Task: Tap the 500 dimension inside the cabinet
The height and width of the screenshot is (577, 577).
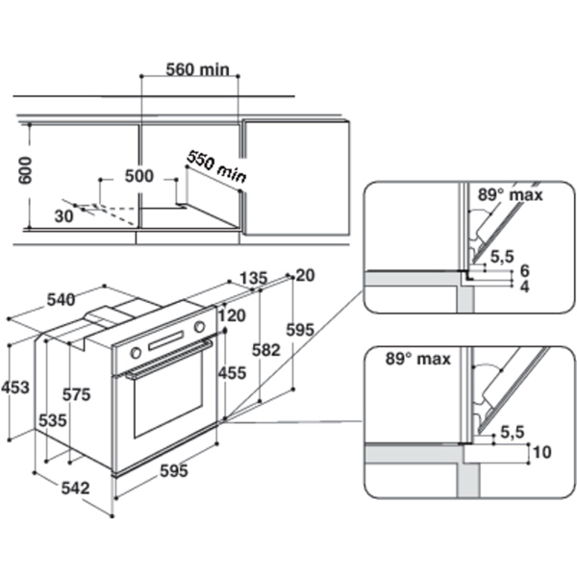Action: coord(139,177)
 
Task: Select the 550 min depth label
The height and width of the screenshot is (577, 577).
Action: coord(216,165)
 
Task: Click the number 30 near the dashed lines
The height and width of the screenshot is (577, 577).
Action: coord(64,216)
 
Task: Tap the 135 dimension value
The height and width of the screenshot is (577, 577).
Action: coord(251,279)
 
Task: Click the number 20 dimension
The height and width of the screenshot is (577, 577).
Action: coord(305,275)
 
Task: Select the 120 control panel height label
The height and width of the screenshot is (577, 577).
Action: coord(232,314)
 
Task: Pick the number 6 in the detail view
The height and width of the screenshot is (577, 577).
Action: coord(524,273)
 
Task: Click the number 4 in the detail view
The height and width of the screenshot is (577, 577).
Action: coord(524,288)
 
